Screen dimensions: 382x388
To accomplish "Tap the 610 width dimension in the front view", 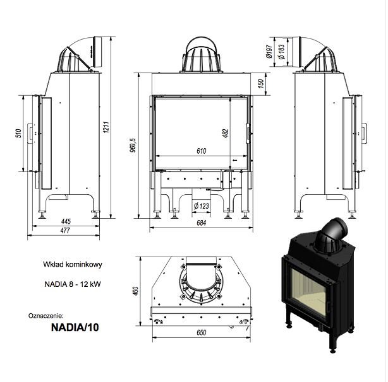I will [200, 151].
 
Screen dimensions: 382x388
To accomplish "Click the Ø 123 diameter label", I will [201, 206].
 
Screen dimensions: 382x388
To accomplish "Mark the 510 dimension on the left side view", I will [19, 134].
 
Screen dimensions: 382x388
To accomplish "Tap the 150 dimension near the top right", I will [260, 84].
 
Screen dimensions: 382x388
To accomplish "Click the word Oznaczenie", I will [46, 314].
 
